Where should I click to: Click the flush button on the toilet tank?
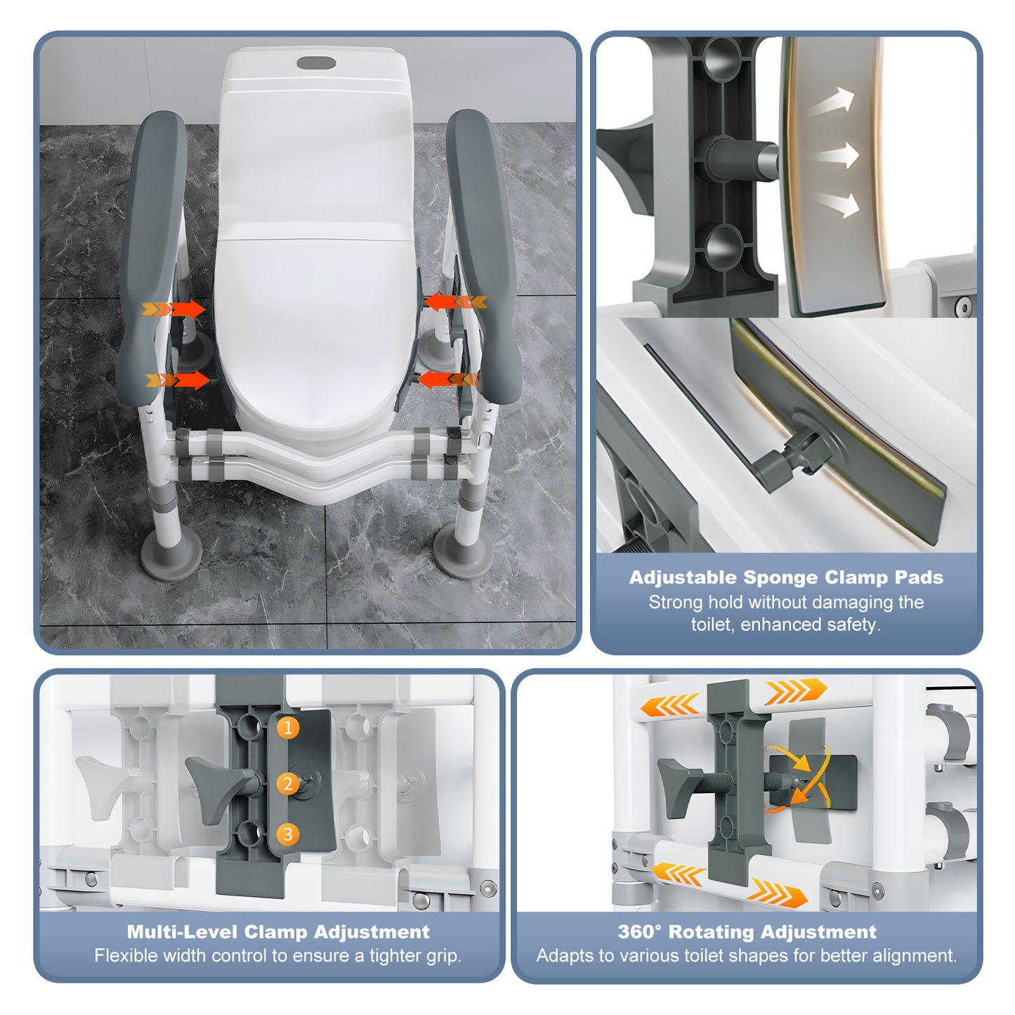click(316, 63)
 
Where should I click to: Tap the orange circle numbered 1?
click(287, 728)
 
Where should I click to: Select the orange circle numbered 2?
click(287, 783)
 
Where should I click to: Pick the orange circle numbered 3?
click(287, 834)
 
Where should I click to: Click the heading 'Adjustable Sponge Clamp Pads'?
click(786, 577)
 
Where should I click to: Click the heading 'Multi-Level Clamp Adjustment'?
click(278, 932)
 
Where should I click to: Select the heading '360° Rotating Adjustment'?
click(747, 932)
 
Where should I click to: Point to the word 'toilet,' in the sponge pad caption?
click(713, 624)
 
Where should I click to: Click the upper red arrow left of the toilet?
click(174, 309)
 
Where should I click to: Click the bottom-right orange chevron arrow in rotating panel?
click(776, 893)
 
